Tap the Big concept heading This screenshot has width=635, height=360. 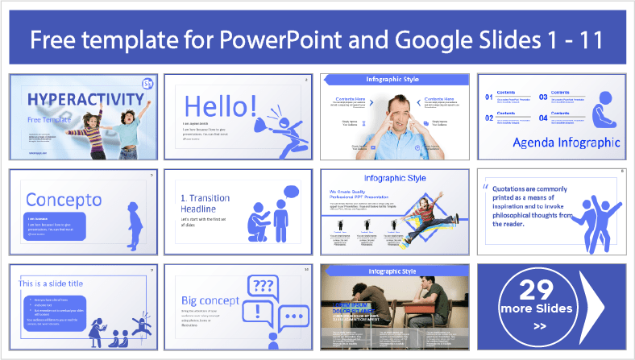point(211,300)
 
